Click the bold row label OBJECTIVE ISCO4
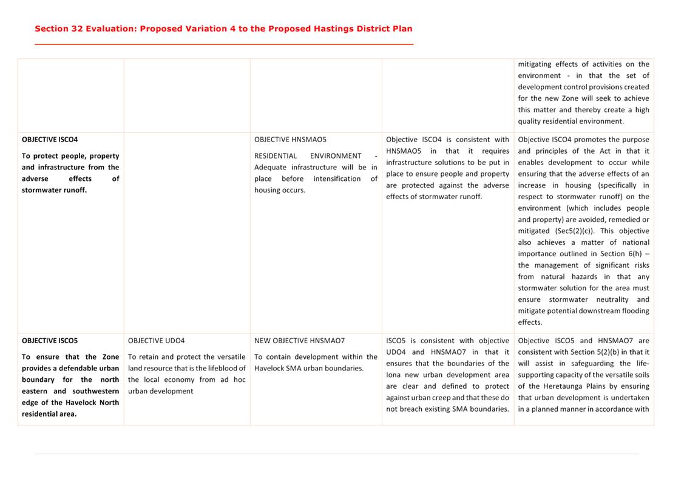point(50,140)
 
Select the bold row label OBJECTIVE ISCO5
point(50,341)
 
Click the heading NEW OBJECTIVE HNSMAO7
point(299,341)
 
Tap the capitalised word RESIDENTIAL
point(276,156)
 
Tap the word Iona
point(393,375)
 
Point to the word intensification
point(337,179)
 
